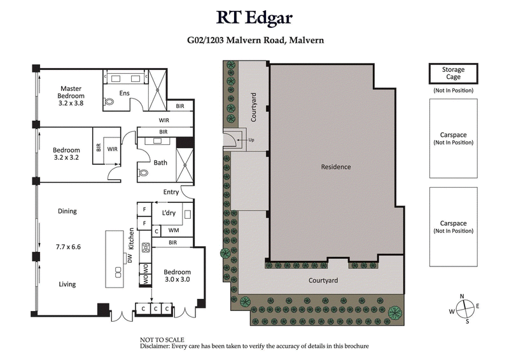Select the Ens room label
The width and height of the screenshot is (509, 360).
click(x=124, y=93)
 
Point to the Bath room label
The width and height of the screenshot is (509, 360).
click(x=160, y=163)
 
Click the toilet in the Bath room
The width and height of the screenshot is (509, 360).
click(x=143, y=172)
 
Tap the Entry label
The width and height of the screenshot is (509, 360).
click(x=171, y=192)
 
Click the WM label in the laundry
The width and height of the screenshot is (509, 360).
click(x=173, y=230)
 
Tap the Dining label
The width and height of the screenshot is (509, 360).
click(x=67, y=211)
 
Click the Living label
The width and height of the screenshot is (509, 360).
click(x=67, y=284)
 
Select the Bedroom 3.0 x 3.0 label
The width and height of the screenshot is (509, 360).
click(x=178, y=276)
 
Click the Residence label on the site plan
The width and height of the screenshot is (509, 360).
click(x=335, y=167)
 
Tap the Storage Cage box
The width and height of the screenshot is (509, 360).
click(x=454, y=73)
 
